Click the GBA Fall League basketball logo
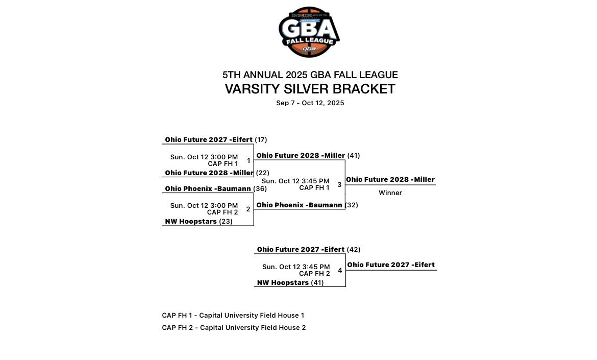[x=309, y=32]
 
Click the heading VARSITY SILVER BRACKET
[x=310, y=89]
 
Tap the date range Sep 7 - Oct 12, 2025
[x=310, y=103]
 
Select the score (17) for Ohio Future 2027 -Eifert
[x=261, y=140]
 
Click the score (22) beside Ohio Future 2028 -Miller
[x=262, y=173]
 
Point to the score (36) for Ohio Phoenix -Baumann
[x=260, y=189]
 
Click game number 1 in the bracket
[x=248, y=161]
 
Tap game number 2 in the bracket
[x=248, y=209]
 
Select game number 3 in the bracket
[x=339, y=185]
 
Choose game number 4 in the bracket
[x=340, y=271]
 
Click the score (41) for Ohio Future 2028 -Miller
[x=354, y=156]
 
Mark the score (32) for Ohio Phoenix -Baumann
[x=352, y=205]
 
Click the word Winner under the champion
[x=390, y=193]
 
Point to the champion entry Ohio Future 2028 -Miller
[x=390, y=180]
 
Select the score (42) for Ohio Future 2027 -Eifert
[x=354, y=250]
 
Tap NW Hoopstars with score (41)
[x=283, y=283]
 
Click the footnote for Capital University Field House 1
[x=233, y=316]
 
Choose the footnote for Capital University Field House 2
[x=234, y=328]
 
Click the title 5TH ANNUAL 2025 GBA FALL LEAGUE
[x=310, y=75]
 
